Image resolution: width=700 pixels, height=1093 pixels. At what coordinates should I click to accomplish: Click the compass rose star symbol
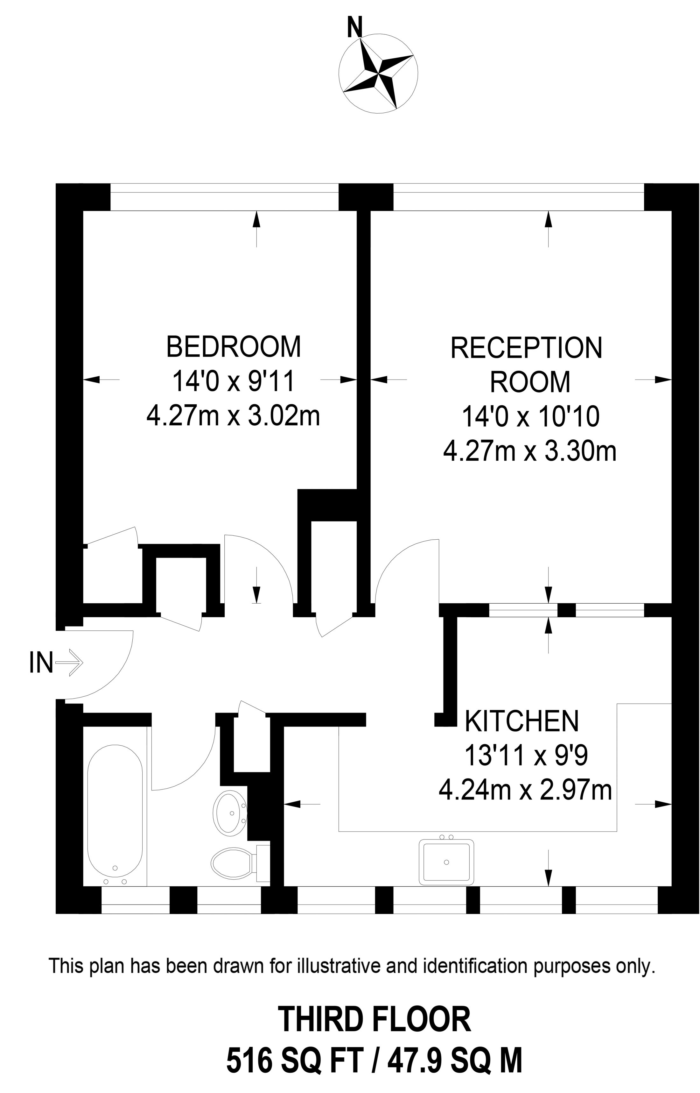[x=378, y=73]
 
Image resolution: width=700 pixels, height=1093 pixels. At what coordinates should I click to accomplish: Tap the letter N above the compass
[x=354, y=27]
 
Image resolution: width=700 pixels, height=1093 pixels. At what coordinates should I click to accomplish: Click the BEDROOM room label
[x=234, y=347]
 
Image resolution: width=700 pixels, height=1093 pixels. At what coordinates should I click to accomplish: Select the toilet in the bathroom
[x=233, y=864]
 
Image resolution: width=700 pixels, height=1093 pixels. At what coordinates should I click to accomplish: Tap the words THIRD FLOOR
[x=375, y=1020]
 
